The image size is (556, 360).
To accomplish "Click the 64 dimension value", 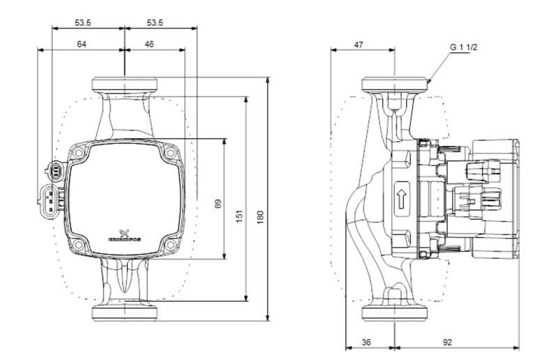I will [x=82, y=44].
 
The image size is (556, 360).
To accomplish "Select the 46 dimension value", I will [x=150, y=44].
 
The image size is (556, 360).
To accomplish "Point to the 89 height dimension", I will [x=218, y=204].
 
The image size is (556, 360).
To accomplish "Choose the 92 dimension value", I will [x=447, y=342].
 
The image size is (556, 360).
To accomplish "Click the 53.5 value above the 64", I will [x=83, y=23].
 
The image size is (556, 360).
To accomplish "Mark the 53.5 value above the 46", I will [x=155, y=23].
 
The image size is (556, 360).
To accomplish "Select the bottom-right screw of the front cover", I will [x=170, y=245].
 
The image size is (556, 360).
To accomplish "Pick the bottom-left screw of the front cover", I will [x=79, y=245].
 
